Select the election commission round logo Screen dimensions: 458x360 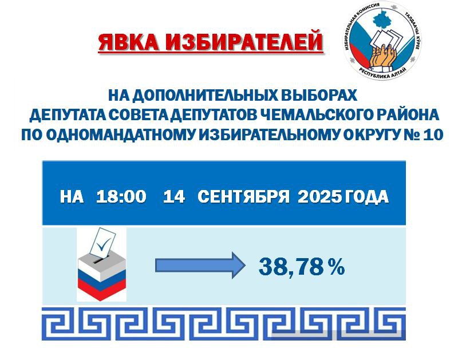coord(382,41)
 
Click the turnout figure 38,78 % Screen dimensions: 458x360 coord(302,267)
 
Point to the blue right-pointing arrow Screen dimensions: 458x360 coord(200,265)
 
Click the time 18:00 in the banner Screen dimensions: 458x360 coord(121,196)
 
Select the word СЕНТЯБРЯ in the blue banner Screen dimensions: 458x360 coord(243,196)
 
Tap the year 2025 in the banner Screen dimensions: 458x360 coord(319,196)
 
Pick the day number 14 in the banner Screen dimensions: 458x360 coord(174,196)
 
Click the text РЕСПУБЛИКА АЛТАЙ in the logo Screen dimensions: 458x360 coord(382,74)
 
